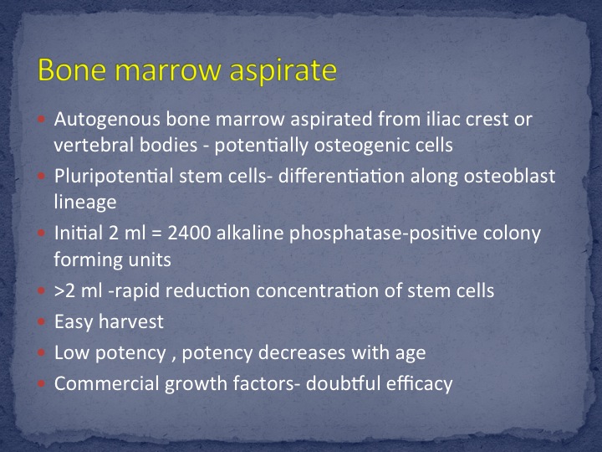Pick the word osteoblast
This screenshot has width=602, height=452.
point(509,176)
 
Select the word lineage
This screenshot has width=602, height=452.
point(84,203)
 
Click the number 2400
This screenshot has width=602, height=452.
point(189,234)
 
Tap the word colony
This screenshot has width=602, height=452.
point(512,234)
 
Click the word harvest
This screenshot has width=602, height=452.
point(131,321)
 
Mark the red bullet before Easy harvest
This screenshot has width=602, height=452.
point(42,322)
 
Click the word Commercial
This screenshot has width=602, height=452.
point(106,383)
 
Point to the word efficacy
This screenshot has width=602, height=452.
point(419,384)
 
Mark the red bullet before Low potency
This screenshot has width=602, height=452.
point(42,353)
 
